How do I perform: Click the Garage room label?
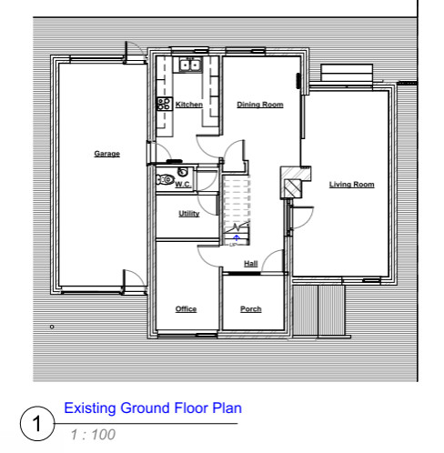(x=106, y=154)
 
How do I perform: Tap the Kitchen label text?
(x=189, y=105)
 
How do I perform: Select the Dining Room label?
(x=260, y=105)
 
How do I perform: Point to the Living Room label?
(x=351, y=185)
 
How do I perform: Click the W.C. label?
(x=183, y=185)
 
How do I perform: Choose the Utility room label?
(x=189, y=214)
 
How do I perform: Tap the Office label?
(x=186, y=309)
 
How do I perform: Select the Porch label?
(x=251, y=309)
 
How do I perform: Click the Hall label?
(x=251, y=264)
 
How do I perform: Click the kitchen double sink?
(x=190, y=65)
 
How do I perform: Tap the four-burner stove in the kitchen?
(x=164, y=104)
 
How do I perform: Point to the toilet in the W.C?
(x=165, y=179)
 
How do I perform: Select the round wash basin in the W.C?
(x=183, y=172)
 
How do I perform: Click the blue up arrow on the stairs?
(x=237, y=237)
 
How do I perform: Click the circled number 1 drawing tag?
(x=37, y=423)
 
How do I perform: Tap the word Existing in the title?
(x=90, y=408)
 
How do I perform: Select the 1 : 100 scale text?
(x=93, y=435)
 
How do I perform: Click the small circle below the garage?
(x=52, y=327)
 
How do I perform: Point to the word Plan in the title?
(x=227, y=408)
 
